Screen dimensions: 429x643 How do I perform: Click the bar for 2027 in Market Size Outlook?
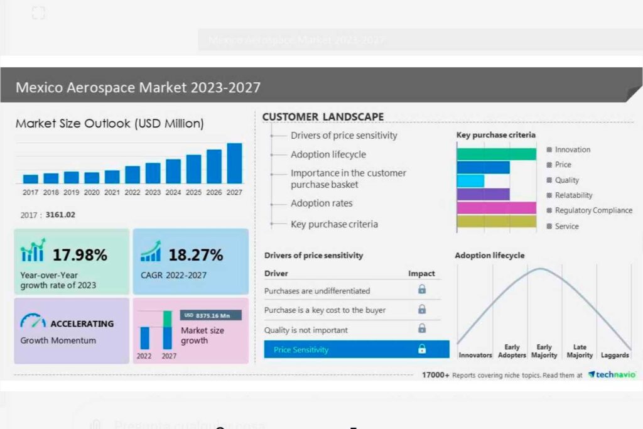point(234,163)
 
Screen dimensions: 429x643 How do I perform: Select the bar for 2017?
point(31,179)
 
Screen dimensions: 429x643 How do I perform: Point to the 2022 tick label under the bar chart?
point(132,192)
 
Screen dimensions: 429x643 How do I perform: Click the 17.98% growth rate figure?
point(80,255)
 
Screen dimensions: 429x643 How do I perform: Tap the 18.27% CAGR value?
point(196,255)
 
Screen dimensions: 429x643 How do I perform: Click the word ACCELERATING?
point(82,324)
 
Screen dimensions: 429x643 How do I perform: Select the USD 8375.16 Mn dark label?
point(211,315)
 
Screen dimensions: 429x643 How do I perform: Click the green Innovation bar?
point(496,154)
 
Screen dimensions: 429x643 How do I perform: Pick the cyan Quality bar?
point(470,181)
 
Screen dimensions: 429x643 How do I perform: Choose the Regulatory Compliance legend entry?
point(593,210)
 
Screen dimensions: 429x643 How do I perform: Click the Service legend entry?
point(566,226)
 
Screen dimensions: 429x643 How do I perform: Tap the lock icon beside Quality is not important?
point(422,329)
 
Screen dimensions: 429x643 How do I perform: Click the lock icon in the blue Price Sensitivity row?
point(422,349)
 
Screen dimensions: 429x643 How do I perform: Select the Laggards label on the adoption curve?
point(615,356)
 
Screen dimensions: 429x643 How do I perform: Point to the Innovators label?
point(475,356)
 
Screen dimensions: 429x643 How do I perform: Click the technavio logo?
point(612,374)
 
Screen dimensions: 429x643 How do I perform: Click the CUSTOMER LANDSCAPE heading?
point(323,117)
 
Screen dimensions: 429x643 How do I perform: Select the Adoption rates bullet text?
point(321,204)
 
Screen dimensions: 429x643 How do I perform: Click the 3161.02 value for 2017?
point(60,215)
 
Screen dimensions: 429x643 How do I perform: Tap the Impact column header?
point(421,274)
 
